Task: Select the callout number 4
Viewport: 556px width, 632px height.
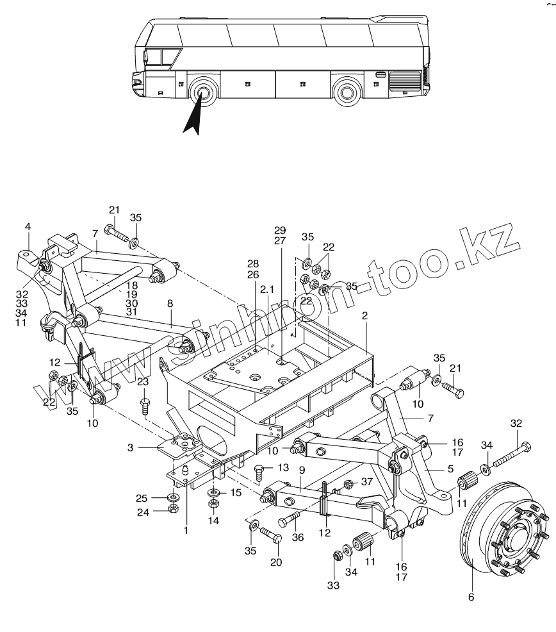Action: point(28,227)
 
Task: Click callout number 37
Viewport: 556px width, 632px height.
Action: point(366,482)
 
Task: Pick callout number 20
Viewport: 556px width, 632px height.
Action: point(275,563)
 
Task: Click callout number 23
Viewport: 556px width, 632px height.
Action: point(143,382)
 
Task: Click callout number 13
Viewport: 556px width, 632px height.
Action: point(282,467)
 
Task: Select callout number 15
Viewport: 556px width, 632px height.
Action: point(235,492)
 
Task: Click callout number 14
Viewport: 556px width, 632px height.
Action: point(213,521)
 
